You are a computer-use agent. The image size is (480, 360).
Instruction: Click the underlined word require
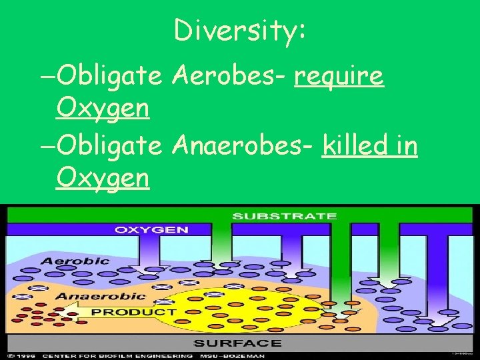(339, 77)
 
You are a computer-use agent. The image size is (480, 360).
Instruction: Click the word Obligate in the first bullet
(110, 77)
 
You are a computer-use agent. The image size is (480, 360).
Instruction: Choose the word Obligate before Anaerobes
(110, 147)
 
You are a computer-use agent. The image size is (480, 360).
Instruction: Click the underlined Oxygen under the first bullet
(103, 107)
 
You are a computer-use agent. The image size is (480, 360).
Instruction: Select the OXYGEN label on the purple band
(151, 229)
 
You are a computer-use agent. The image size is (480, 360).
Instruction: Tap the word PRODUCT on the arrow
(133, 311)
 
